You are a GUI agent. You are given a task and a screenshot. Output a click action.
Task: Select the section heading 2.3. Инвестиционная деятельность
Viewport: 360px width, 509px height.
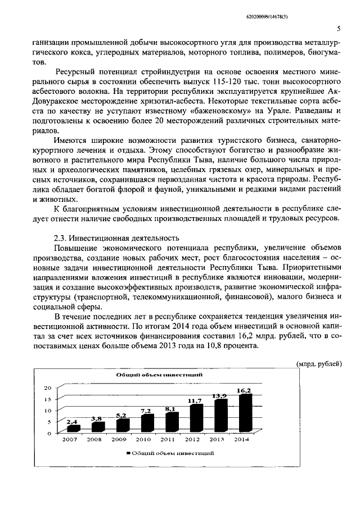point(115,238)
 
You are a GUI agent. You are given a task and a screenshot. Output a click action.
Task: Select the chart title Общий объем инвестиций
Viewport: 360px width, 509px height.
point(151,375)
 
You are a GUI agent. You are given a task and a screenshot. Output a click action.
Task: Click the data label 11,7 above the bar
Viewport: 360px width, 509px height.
point(195,400)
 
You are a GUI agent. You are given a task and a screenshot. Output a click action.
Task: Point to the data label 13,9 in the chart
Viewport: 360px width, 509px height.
point(219,395)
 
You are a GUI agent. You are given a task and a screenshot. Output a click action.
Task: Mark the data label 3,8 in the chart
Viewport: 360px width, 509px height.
point(96,418)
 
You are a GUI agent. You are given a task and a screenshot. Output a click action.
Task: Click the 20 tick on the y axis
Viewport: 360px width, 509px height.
point(48,388)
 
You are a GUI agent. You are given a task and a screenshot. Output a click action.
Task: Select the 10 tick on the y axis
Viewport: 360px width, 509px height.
point(48,410)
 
